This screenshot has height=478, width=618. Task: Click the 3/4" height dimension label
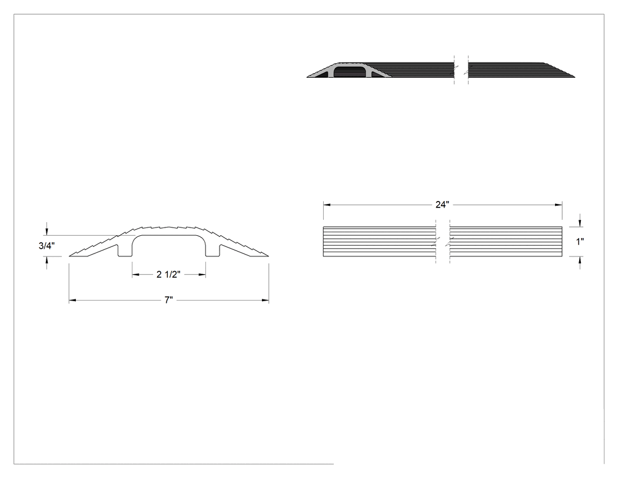[46, 246]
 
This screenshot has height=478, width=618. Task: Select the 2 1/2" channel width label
[168, 274]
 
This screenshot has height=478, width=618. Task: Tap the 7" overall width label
[169, 301]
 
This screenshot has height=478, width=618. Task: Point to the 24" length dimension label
[442, 205]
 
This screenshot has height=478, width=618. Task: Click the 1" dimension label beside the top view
[580, 242]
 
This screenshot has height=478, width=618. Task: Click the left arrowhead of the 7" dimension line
[72, 301]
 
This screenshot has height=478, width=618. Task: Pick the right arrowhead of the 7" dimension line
[265, 301]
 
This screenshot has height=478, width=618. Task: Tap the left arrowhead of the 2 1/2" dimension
[135, 275]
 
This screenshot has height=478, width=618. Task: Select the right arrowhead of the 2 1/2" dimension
[202, 275]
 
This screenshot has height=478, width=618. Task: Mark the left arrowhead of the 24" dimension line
[327, 205]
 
